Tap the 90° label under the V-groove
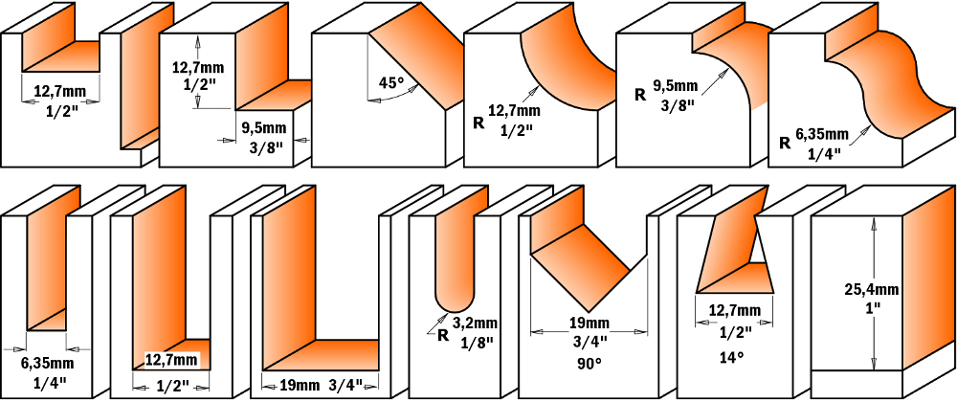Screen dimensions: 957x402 tap(589, 363)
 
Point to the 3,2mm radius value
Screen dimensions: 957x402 tap(476, 324)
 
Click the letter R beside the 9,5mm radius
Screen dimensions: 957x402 tap(641, 96)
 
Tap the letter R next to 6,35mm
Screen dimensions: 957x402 tap(786, 144)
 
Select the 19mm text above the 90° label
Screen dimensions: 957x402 tap(589, 323)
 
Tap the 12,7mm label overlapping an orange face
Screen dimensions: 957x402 tap(171, 361)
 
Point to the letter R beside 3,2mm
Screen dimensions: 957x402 tap(443, 335)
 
